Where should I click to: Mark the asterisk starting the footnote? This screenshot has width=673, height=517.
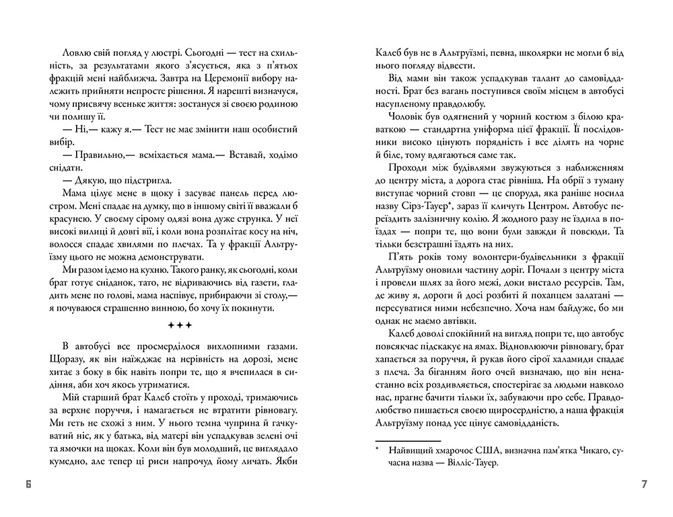379,446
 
